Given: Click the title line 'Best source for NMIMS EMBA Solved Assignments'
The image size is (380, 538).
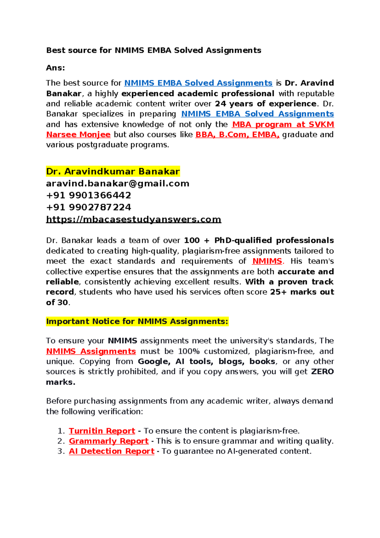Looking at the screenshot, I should [154, 50].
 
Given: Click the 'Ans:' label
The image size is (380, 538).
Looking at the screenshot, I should [55, 68].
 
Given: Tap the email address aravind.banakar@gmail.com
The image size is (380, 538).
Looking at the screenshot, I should [117, 184].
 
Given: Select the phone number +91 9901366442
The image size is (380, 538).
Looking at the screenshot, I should [88, 195].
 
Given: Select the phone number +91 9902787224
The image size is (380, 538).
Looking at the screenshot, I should [88, 207].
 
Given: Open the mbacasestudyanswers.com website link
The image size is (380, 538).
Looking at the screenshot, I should [133, 220].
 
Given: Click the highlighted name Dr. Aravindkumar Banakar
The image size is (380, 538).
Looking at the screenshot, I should [113, 172].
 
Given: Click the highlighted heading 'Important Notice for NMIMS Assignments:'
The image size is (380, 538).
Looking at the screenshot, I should [137, 322].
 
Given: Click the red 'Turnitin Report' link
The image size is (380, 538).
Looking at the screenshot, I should [102, 431].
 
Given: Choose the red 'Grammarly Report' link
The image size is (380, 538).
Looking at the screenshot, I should [109, 441].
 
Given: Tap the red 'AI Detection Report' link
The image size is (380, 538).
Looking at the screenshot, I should [111, 451].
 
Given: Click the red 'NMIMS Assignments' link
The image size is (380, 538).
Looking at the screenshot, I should [91, 351].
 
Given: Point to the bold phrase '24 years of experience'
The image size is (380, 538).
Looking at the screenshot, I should [265, 104].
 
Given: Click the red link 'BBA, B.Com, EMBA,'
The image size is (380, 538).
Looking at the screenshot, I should [237, 134].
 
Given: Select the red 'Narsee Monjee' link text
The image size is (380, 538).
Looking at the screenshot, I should [78, 134].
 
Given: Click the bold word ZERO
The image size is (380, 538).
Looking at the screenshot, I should [322, 371].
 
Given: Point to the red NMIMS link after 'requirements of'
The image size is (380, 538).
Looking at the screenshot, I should [267, 261].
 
